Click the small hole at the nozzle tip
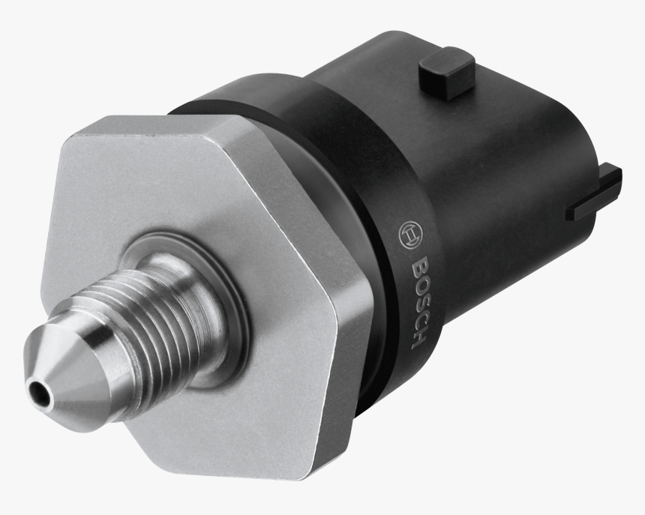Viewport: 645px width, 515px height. [x=35, y=390]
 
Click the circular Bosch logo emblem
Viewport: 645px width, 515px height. [x=409, y=235]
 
